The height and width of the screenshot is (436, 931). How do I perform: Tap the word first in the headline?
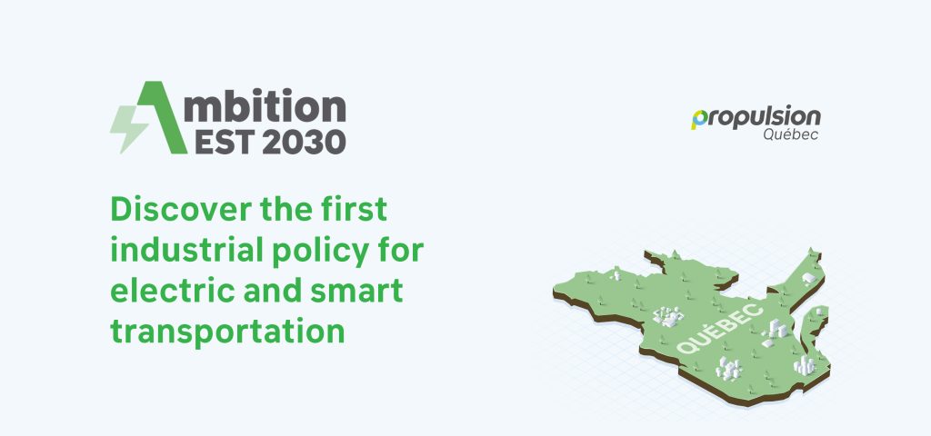coord(354,210)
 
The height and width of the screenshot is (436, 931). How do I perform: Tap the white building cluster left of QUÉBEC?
coord(668,316)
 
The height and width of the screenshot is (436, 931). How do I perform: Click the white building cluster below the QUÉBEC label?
coord(729,368)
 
